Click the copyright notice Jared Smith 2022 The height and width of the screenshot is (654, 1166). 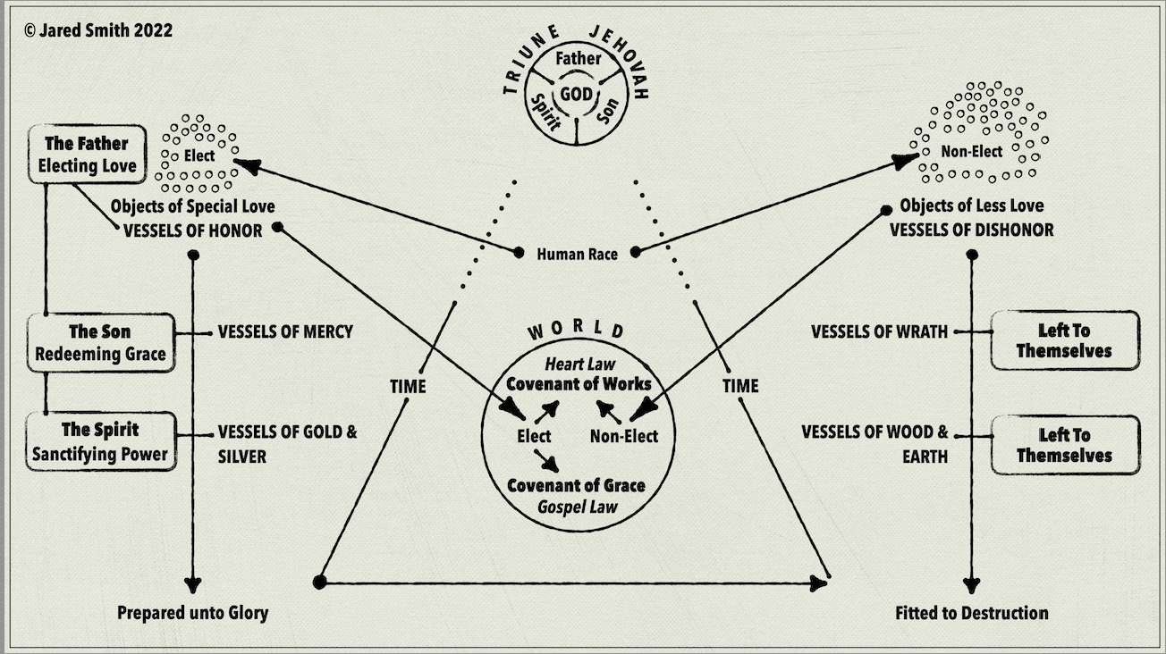point(98,30)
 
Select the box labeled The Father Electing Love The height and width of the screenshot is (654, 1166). point(87,155)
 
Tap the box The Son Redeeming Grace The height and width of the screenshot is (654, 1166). point(99,343)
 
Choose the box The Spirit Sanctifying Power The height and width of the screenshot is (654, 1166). point(99,441)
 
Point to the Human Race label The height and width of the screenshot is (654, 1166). point(577,254)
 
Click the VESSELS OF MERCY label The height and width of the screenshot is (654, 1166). point(285,332)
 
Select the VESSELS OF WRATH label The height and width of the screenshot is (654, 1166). point(879,332)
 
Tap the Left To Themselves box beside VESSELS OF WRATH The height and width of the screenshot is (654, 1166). point(1064,340)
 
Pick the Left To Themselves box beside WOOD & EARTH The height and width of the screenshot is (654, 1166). point(1064,445)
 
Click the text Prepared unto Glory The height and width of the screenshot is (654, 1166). point(193,613)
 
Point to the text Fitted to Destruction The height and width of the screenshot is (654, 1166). point(971,613)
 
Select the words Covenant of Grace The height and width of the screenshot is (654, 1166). point(576,486)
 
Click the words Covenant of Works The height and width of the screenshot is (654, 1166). point(576,384)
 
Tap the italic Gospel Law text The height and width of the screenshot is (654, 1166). point(576,507)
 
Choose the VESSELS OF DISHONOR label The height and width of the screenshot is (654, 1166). point(971,230)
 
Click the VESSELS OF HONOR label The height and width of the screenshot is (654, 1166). point(192,230)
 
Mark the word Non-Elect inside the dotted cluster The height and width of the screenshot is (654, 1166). point(971,152)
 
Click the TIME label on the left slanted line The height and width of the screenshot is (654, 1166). point(408,387)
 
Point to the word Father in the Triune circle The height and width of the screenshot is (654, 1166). point(578,60)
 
